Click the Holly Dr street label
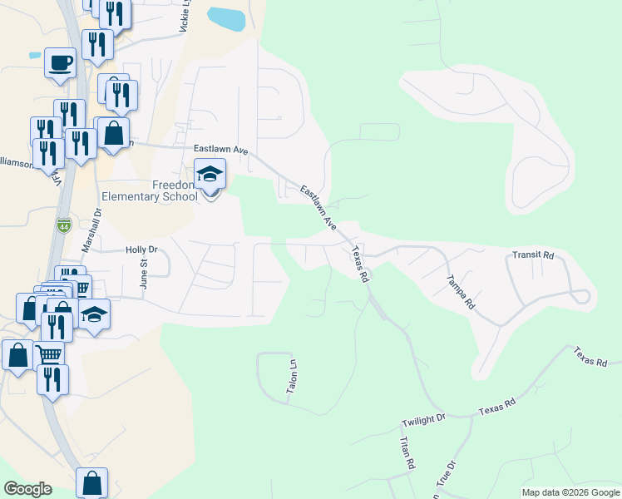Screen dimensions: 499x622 click(x=141, y=249)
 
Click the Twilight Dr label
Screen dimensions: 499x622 click(x=423, y=421)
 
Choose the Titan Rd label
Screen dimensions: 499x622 click(x=407, y=454)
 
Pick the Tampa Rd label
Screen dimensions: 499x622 click(x=460, y=292)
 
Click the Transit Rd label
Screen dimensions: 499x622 click(x=532, y=255)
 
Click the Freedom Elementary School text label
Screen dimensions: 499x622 click(x=150, y=190)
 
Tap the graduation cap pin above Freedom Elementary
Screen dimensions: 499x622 click(x=210, y=175)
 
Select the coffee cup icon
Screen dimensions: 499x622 click(x=61, y=63)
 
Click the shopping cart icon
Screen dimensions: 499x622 click(x=50, y=354)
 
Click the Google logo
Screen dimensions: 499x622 click(x=27, y=489)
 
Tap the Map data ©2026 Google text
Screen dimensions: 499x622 click(x=571, y=492)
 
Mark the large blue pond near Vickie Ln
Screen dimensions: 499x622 click(x=226, y=17)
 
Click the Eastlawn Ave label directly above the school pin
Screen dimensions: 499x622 click(x=220, y=150)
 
